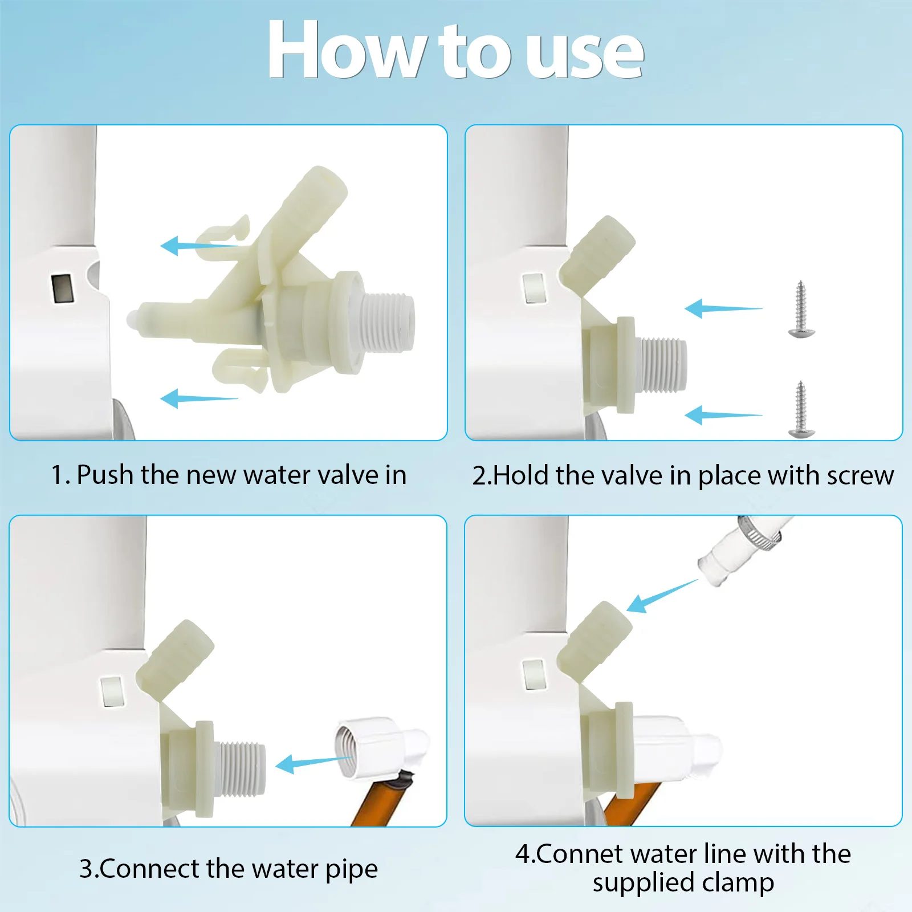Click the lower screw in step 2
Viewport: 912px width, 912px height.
tap(801, 409)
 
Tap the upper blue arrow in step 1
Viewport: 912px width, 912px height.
tap(199, 246)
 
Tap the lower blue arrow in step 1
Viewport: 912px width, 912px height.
tap(199, 398)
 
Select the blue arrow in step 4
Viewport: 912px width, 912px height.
tap(662, 596)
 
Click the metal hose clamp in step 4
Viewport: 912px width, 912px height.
tap(762, 531)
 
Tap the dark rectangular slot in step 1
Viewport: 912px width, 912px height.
tap(62, 288)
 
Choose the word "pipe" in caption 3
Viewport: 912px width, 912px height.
tap(352, 870)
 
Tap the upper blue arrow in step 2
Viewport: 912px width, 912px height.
tap(723, 308)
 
